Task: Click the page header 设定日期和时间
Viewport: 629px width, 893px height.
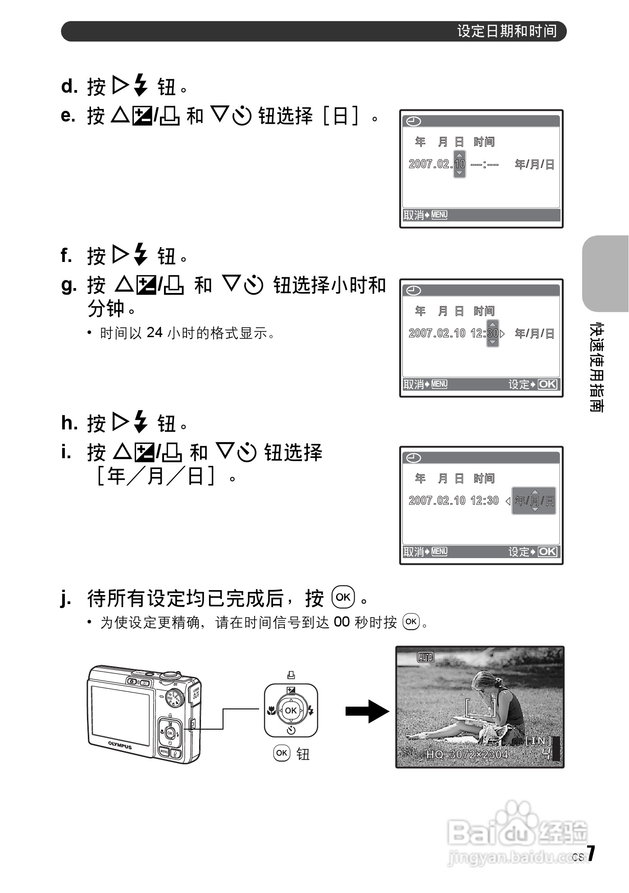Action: [507, 31]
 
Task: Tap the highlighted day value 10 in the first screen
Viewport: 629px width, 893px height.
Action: [459, 164]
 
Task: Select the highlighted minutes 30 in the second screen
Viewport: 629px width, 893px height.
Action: [492, 334]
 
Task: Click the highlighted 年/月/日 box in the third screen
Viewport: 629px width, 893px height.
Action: [534, 501]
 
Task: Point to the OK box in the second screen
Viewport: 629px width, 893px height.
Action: [547, 384]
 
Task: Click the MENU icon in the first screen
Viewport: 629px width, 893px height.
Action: [439, 215]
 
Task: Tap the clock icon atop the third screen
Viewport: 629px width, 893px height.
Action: [414, 458]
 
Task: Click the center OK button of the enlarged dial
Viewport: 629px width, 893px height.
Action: [291, 711]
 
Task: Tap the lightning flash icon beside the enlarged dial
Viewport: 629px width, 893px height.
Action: [311, 711]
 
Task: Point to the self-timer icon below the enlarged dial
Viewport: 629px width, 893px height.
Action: [291, 730]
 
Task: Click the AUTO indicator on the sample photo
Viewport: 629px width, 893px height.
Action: [425, 658]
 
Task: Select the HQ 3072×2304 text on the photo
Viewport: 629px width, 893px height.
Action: [467, 755]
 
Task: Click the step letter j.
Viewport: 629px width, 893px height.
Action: [66, 599]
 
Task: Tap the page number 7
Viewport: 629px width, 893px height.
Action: [591, 853]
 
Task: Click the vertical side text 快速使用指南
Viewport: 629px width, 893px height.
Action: [597, 367]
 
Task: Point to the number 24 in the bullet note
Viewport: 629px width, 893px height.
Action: [154, 333]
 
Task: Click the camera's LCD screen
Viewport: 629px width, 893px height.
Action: [121, 716]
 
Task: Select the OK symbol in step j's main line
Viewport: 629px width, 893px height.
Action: [343, 597]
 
